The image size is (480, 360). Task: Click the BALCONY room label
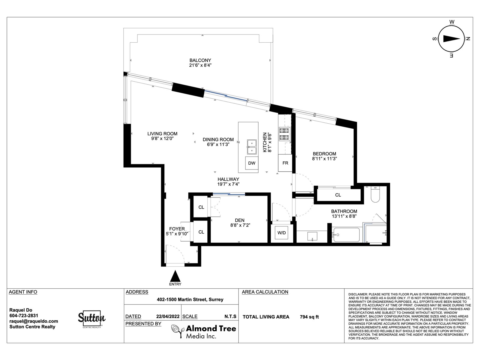click(x=200, y=60)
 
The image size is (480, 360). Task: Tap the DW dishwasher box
click(x=252, y=163)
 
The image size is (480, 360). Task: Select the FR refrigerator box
click(x=285, y=163)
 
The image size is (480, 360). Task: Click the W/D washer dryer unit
click(x=281, y=233)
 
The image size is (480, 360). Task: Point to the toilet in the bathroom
click(x=376, y=194)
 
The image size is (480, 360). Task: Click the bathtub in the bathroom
click(x=346, y=235)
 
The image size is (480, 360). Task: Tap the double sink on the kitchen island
click(x=252, y=147)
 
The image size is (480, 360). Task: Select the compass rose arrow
click(x=451, y=39)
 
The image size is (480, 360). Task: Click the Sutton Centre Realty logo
click(x=91, y=319)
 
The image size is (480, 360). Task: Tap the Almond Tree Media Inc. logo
click(x=204, y=331)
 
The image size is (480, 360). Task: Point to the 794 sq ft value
click(x=309, y=317)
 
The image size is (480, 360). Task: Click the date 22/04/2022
click(x=168, y=316)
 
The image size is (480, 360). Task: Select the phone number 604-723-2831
click(x=24, y=316)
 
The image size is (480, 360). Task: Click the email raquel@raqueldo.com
click(x=34, y=321)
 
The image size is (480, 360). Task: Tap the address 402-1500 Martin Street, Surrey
click(x=190, y=299)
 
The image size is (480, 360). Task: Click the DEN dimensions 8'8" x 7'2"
click(x=240, y=225)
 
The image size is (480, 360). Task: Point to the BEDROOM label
click(x=324, y=154)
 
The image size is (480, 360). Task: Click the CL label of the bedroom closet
click(x=338, y=195)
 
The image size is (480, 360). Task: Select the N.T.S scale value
click(x=230, y=316)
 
